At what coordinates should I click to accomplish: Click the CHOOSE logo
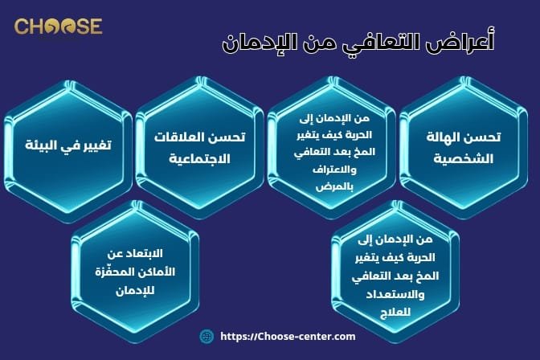(58, 26)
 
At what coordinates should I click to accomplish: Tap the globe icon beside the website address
(206, 337)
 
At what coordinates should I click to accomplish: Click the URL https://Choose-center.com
(287, 337)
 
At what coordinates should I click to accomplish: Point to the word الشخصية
(464, 157)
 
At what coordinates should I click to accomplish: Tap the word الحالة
(447, 137)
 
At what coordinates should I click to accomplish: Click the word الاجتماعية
(199, 157)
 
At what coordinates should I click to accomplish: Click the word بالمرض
(332, 186)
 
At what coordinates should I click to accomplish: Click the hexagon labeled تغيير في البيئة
(67, 148)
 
